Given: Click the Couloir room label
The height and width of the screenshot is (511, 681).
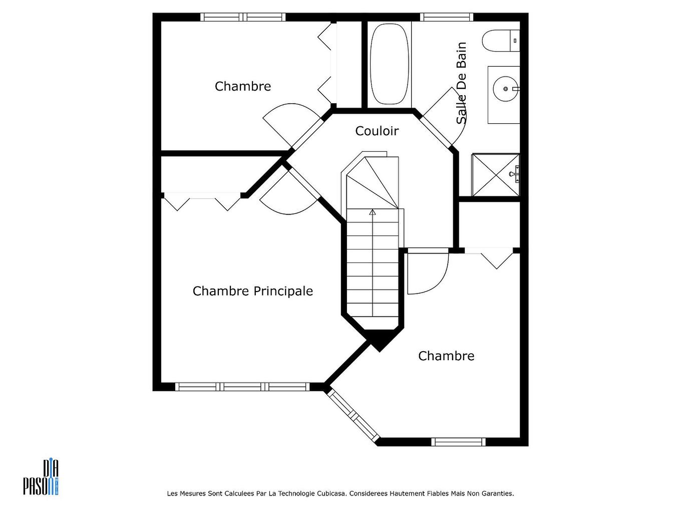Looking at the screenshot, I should click(377, 131).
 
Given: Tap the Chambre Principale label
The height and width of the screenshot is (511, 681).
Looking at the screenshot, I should click(252, 291).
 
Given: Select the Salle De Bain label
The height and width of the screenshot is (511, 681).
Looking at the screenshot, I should click(461, 83).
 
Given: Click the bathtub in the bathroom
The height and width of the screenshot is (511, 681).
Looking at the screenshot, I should click(389, 64).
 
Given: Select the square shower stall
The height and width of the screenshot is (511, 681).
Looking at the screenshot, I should click(495, 175).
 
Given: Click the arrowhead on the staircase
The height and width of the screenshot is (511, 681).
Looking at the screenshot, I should click(372, 212).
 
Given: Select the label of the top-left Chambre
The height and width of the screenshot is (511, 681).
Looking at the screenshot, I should click(243, 86).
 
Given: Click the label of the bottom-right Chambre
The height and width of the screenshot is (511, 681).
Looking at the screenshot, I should click(446, 356).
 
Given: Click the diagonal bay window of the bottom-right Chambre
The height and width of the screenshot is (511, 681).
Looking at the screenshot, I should click(353, 416).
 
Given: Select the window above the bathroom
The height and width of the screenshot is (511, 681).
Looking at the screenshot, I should click(447, 17).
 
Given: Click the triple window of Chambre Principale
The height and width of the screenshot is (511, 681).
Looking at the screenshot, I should click(242, 387).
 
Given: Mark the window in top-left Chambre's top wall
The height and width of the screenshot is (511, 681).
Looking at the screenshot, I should click(243, 17).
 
